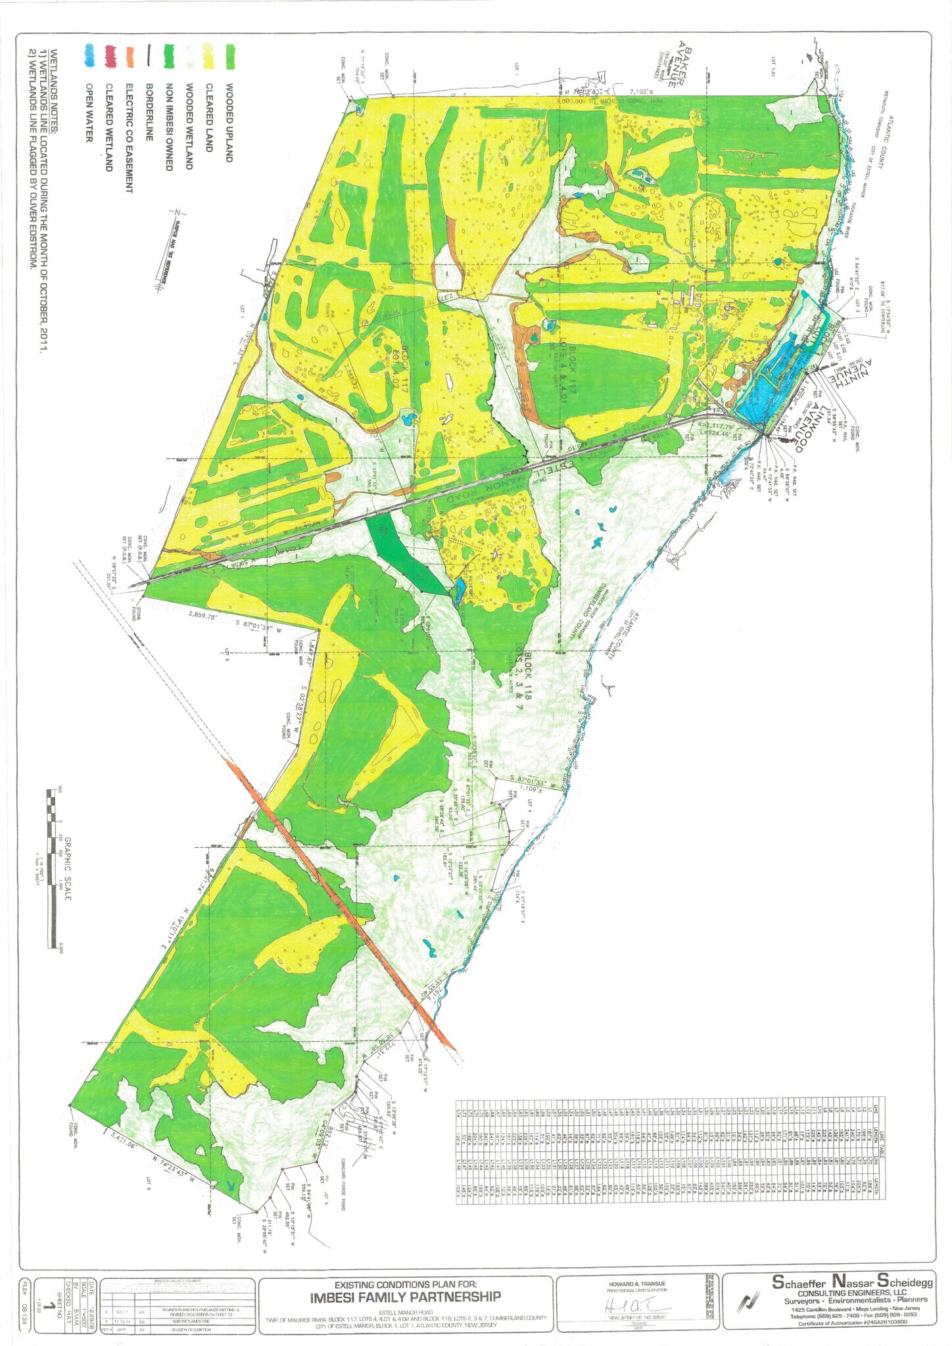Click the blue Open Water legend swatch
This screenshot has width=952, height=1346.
coord(89,55)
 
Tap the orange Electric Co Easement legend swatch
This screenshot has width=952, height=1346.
coord(130,57)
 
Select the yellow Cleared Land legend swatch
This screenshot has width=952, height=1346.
coord(208,56)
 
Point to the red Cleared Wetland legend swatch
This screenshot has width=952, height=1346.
coord(110,56)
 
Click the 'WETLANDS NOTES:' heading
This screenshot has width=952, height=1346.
coord(54,91)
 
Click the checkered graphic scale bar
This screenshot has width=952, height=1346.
coord(53,868)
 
